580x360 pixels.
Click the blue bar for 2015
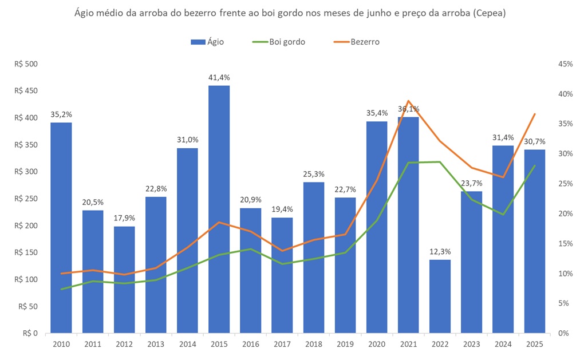pyautogui.click(x=219, y=209)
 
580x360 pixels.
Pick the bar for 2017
pyautogui.click(x=282, y=275)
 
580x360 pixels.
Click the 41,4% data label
pyautogui.click(x=219, y=77)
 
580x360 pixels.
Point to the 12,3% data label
pyautogui.click(x=440, y=251)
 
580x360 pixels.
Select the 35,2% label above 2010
pyautogui.click(x=61, y=114)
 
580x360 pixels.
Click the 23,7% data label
pyautogui.click(x=471, y=183)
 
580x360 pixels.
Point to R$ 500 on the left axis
pyautogui.click(x=26, y=64)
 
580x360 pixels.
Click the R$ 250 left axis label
pyautogui.click(x=26, y=199)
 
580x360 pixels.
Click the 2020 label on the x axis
pyautogui.click(x=377, y=345)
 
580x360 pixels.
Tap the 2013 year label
pyautogui.click(x=156, y=345)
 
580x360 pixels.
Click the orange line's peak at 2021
pyautogui.click(x=408, y=101)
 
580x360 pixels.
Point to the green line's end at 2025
pyautogui.click(x=534, y=166)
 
